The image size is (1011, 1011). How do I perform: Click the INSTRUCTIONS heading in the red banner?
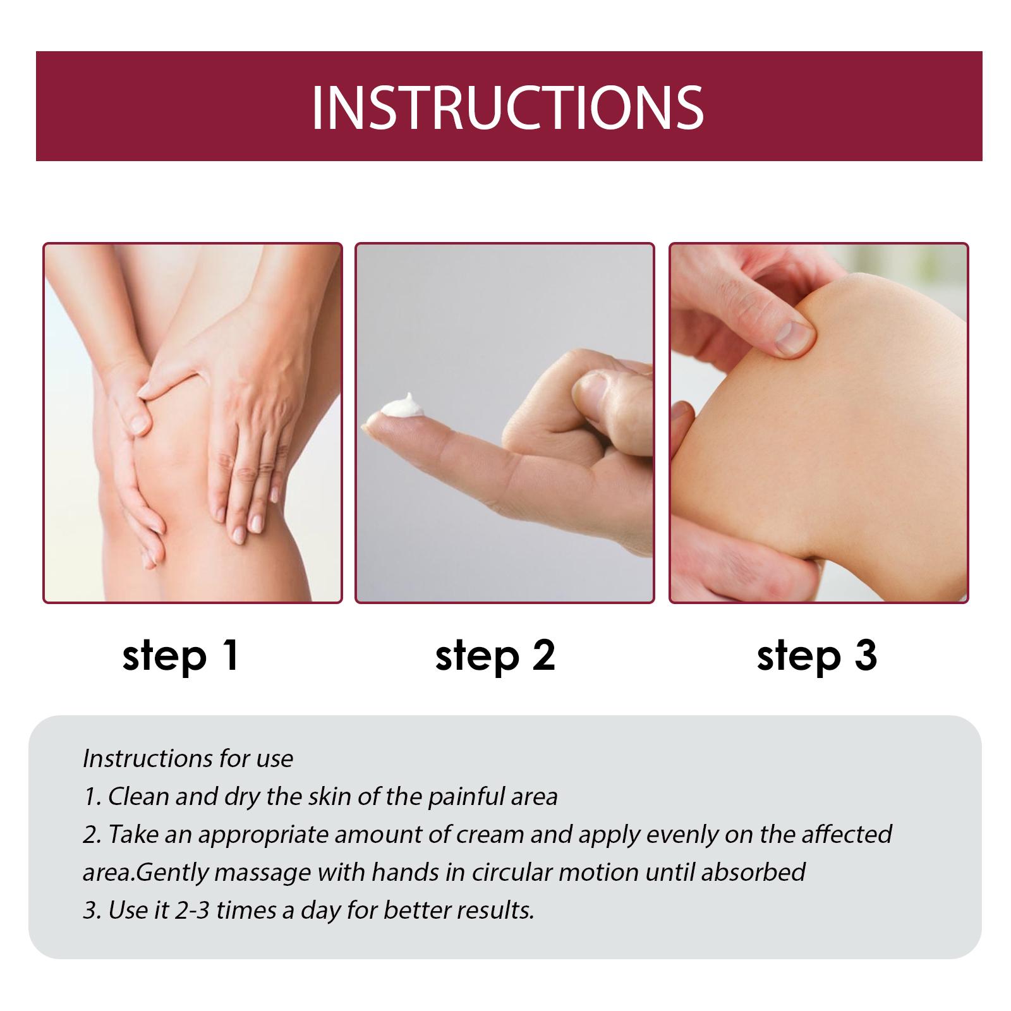click(x=507, y=107)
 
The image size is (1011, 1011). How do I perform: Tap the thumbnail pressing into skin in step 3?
click(x=793, y=337)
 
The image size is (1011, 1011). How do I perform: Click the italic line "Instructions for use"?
click(x=188, y=758)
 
